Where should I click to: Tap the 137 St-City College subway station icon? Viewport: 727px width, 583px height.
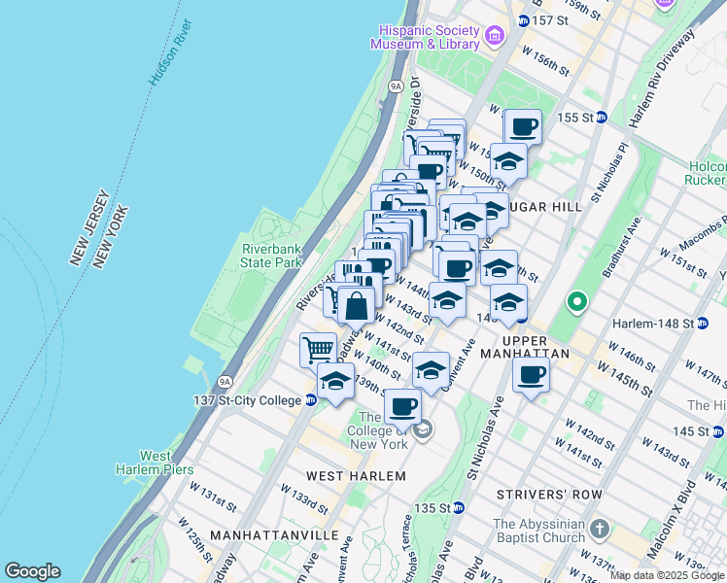(x=310, y=399)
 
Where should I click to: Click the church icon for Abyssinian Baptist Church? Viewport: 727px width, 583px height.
(x=600, y=530)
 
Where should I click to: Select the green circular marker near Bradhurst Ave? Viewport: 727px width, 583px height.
(x=576, y=303)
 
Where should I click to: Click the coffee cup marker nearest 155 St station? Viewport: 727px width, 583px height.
(x=523, y=126)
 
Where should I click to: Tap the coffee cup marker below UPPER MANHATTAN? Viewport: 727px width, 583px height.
(x=531, y=376)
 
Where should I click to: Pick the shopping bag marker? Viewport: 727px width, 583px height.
(x=357, y=305)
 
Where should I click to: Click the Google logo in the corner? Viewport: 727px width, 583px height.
(x=32, y=571)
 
